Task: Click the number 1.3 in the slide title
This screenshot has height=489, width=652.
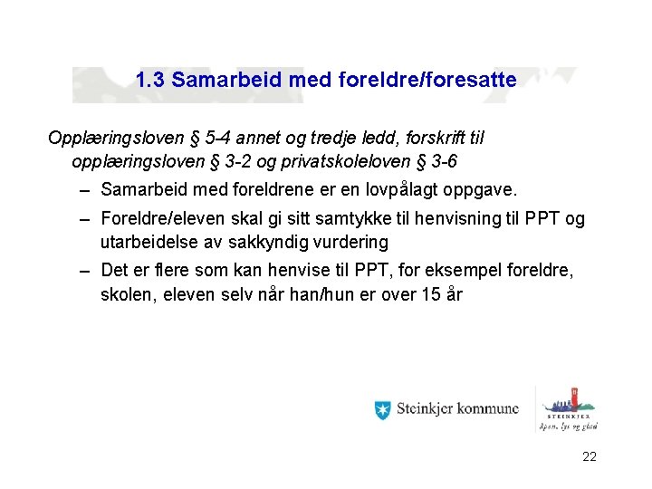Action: click(150, 80)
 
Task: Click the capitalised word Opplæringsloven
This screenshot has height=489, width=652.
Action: click(115, 139)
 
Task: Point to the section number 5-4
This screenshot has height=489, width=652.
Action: click(217, 139)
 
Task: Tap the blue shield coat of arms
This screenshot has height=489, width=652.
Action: click(382, 409)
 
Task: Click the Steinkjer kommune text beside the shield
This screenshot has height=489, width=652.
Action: click(457, 409)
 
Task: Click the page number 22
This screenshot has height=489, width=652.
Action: click(590, 457)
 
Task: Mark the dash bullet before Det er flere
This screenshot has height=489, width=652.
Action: click(83, 271)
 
